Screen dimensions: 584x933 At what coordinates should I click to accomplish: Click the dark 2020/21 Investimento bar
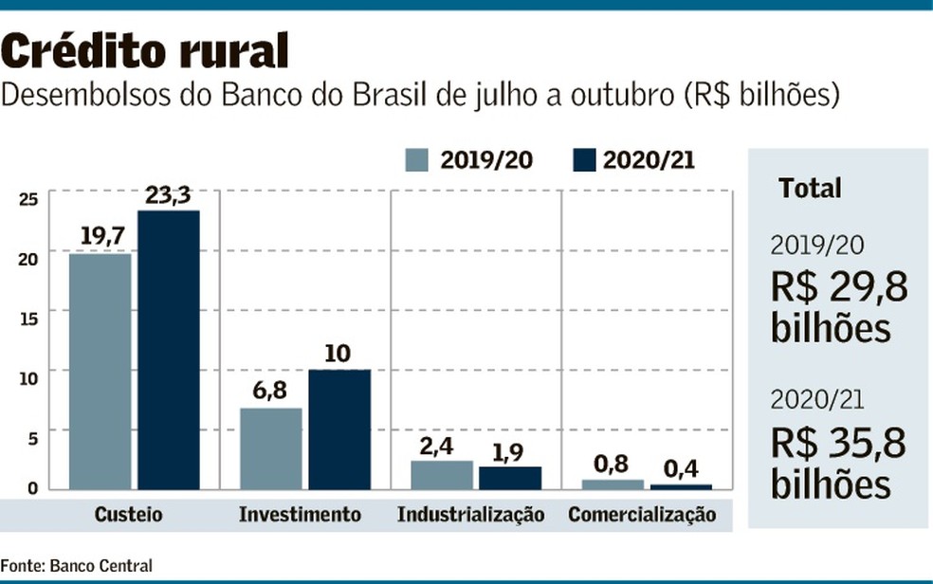(x=339, y=429)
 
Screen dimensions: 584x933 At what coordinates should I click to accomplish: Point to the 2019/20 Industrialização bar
(x=442, y=474)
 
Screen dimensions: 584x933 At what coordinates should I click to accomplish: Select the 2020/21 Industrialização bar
(x=510, y=477)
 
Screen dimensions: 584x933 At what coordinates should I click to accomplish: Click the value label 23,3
(x=169, y=196)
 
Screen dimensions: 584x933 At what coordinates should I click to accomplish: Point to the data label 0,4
(x=680, y=469)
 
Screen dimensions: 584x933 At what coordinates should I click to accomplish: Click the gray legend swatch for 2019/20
(x=418, y=160)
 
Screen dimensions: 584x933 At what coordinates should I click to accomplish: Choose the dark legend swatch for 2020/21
(x=584, y=160)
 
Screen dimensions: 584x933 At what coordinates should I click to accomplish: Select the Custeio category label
(x=128, y=515)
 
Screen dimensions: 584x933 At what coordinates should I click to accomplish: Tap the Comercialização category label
(x=642, y=515)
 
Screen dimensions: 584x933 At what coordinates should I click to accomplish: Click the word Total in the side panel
(x=810, y=188)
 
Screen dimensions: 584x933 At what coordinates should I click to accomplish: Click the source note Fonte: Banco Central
(x=76, y=566)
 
